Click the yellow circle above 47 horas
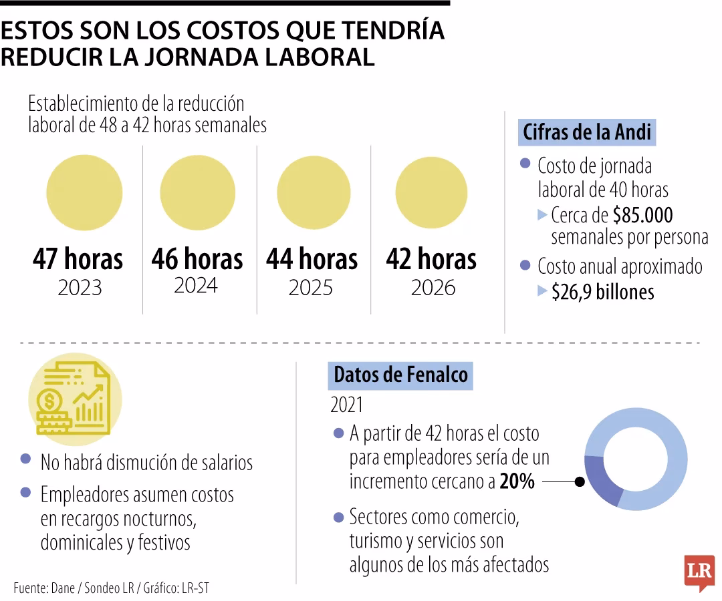point(84,192)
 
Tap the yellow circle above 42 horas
point(431,192)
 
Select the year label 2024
point(196,285)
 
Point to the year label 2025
point(310,287)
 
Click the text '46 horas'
point(197,259)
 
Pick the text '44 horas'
point(312,259)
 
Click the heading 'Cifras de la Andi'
point(587,132)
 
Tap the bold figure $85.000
point(642,216)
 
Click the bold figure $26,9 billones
point(602,292)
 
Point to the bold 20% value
point(517,481)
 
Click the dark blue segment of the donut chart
point(600,479)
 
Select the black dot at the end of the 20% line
point(580,481)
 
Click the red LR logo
point(699,572)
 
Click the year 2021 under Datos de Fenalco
point(346,405)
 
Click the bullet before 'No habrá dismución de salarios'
point(25,459)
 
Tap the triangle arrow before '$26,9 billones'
point(542,291)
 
